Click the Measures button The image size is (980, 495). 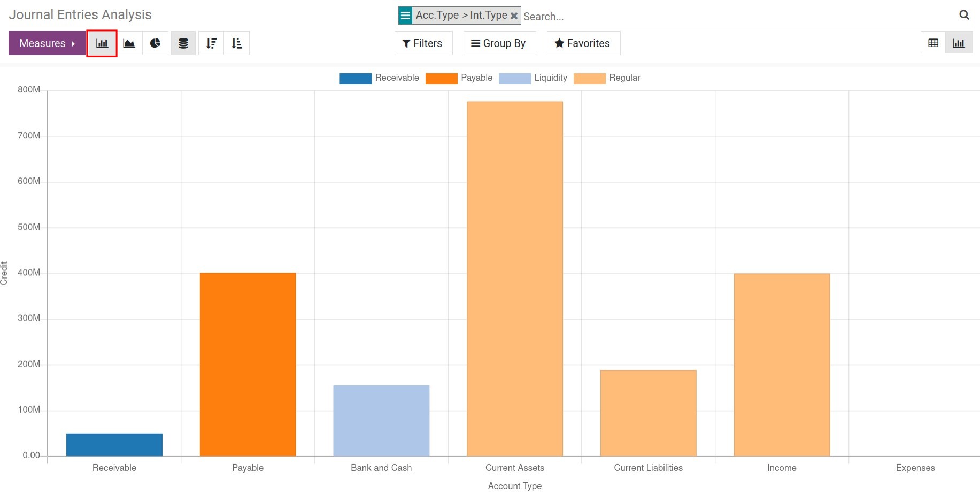click(47, 43)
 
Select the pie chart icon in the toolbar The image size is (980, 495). click(156, 43)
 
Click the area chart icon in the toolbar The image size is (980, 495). click(129, 43)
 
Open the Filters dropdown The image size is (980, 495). click(422, 43)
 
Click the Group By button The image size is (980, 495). click(498, 43)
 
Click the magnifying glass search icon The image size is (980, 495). click(964, 15)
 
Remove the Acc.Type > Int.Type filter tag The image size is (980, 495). click(514, 16)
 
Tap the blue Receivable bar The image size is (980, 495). click(114, 445)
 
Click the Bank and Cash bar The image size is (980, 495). click(381, 421)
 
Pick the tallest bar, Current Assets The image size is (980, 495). click(515, 279)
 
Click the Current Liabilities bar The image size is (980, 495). click(648, 413)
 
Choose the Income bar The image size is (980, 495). click(782, 365)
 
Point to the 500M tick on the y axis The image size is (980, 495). click(29, 227)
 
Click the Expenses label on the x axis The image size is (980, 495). click(915, 468)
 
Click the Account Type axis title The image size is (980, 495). click(514, 486)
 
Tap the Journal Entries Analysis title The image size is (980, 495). click(80, 15)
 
